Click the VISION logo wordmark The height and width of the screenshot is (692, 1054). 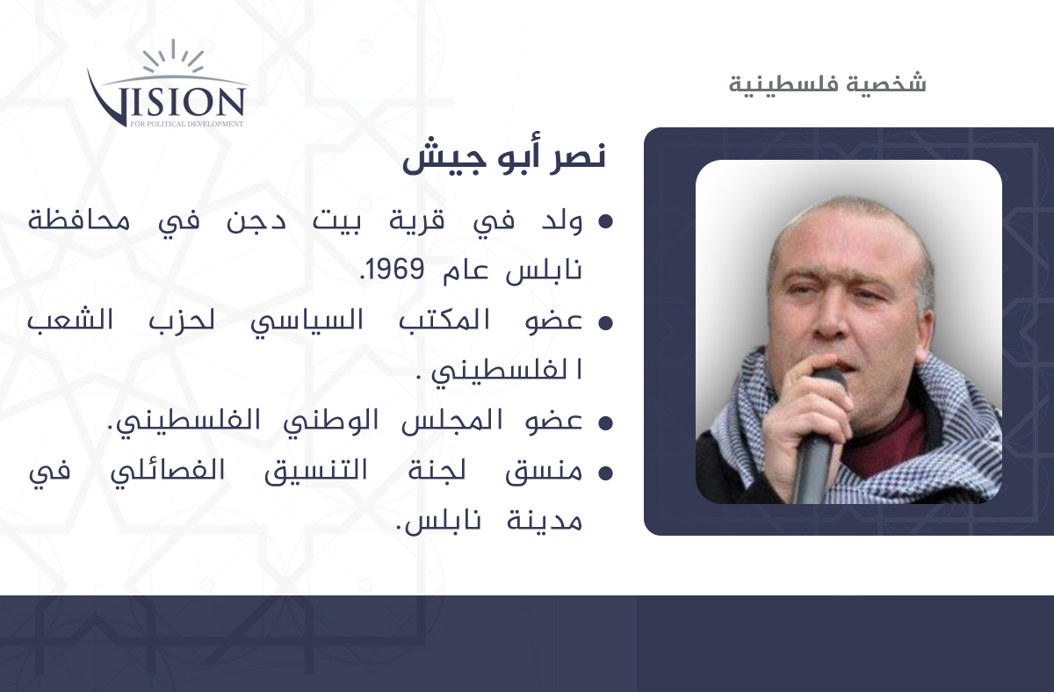click(x=167, y=100)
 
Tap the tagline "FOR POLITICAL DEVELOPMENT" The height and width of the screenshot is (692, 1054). click(x=187, y=124)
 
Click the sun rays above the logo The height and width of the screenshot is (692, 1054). click(x=173, y=55)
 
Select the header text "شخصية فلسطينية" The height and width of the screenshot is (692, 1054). click(x=827, y=83)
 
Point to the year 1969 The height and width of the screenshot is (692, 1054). click(x=395, y=270)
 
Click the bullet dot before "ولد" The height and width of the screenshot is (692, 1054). click(x=605, y=222)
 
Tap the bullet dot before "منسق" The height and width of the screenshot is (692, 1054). click(x=605, y=472)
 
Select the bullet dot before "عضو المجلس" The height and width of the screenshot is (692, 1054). click(x=605, y=423)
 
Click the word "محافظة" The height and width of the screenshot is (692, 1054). click(x=79, y=220)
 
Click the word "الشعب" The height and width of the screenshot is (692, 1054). click(x=70, y=321)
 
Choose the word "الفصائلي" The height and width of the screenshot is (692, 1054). click(x=168, y=472)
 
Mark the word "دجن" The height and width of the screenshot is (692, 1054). click(x=256, y=221)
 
